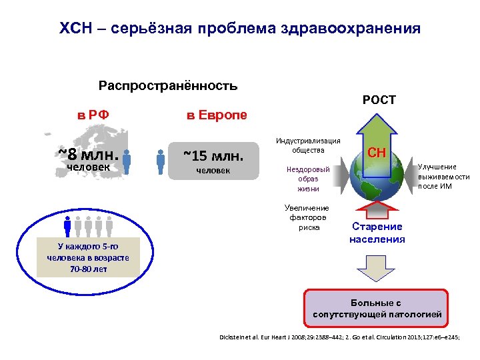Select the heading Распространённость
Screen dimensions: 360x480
coord(168,86)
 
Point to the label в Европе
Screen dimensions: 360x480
coord(216,115)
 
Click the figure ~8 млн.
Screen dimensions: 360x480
coord(88,155)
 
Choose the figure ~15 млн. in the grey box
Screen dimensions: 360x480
coord(213,156)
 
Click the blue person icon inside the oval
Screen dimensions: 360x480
coord(67,227)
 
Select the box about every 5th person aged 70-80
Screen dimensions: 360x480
coord(88,258)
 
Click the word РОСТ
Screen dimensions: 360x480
coord(379,100)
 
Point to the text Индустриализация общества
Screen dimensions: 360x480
coord(308,145)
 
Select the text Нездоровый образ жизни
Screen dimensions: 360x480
coord(308,179)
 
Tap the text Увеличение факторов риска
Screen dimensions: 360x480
coord(307,218)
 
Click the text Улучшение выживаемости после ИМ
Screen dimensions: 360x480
coord(443,176)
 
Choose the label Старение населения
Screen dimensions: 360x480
coord(377,233)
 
